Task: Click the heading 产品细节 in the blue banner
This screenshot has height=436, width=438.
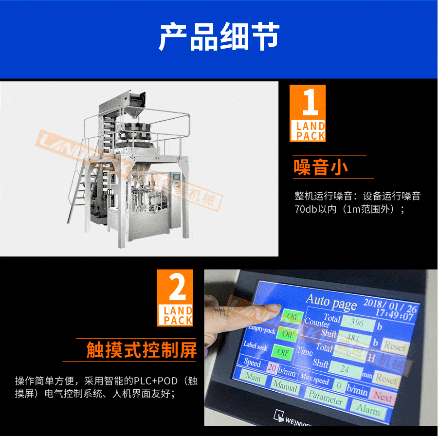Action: tap(219, 37)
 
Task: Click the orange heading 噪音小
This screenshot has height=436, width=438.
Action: tap(321, 167)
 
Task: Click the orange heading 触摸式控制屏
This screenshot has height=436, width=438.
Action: tap(141, 350)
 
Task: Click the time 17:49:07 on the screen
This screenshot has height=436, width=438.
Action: tap(395, 317)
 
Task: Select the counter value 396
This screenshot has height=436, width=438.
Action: tap(357, 323)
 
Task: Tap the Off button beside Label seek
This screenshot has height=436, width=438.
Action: tap(282, 351)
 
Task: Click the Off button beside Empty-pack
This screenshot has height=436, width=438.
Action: tap(287, 334)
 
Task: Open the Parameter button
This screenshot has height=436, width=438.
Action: tap(326, 399)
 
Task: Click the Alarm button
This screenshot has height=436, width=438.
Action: tap(368, 410)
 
